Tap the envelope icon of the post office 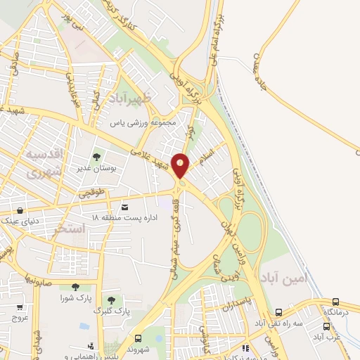pos(125,207)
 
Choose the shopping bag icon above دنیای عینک pos(20,210)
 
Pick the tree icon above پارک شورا pos(75,287)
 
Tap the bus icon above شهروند pos(138,338)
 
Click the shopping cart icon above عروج pos(20,307)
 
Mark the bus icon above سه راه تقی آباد pos(278,313)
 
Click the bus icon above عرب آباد pos(326,326)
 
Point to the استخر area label pos(69,229)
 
